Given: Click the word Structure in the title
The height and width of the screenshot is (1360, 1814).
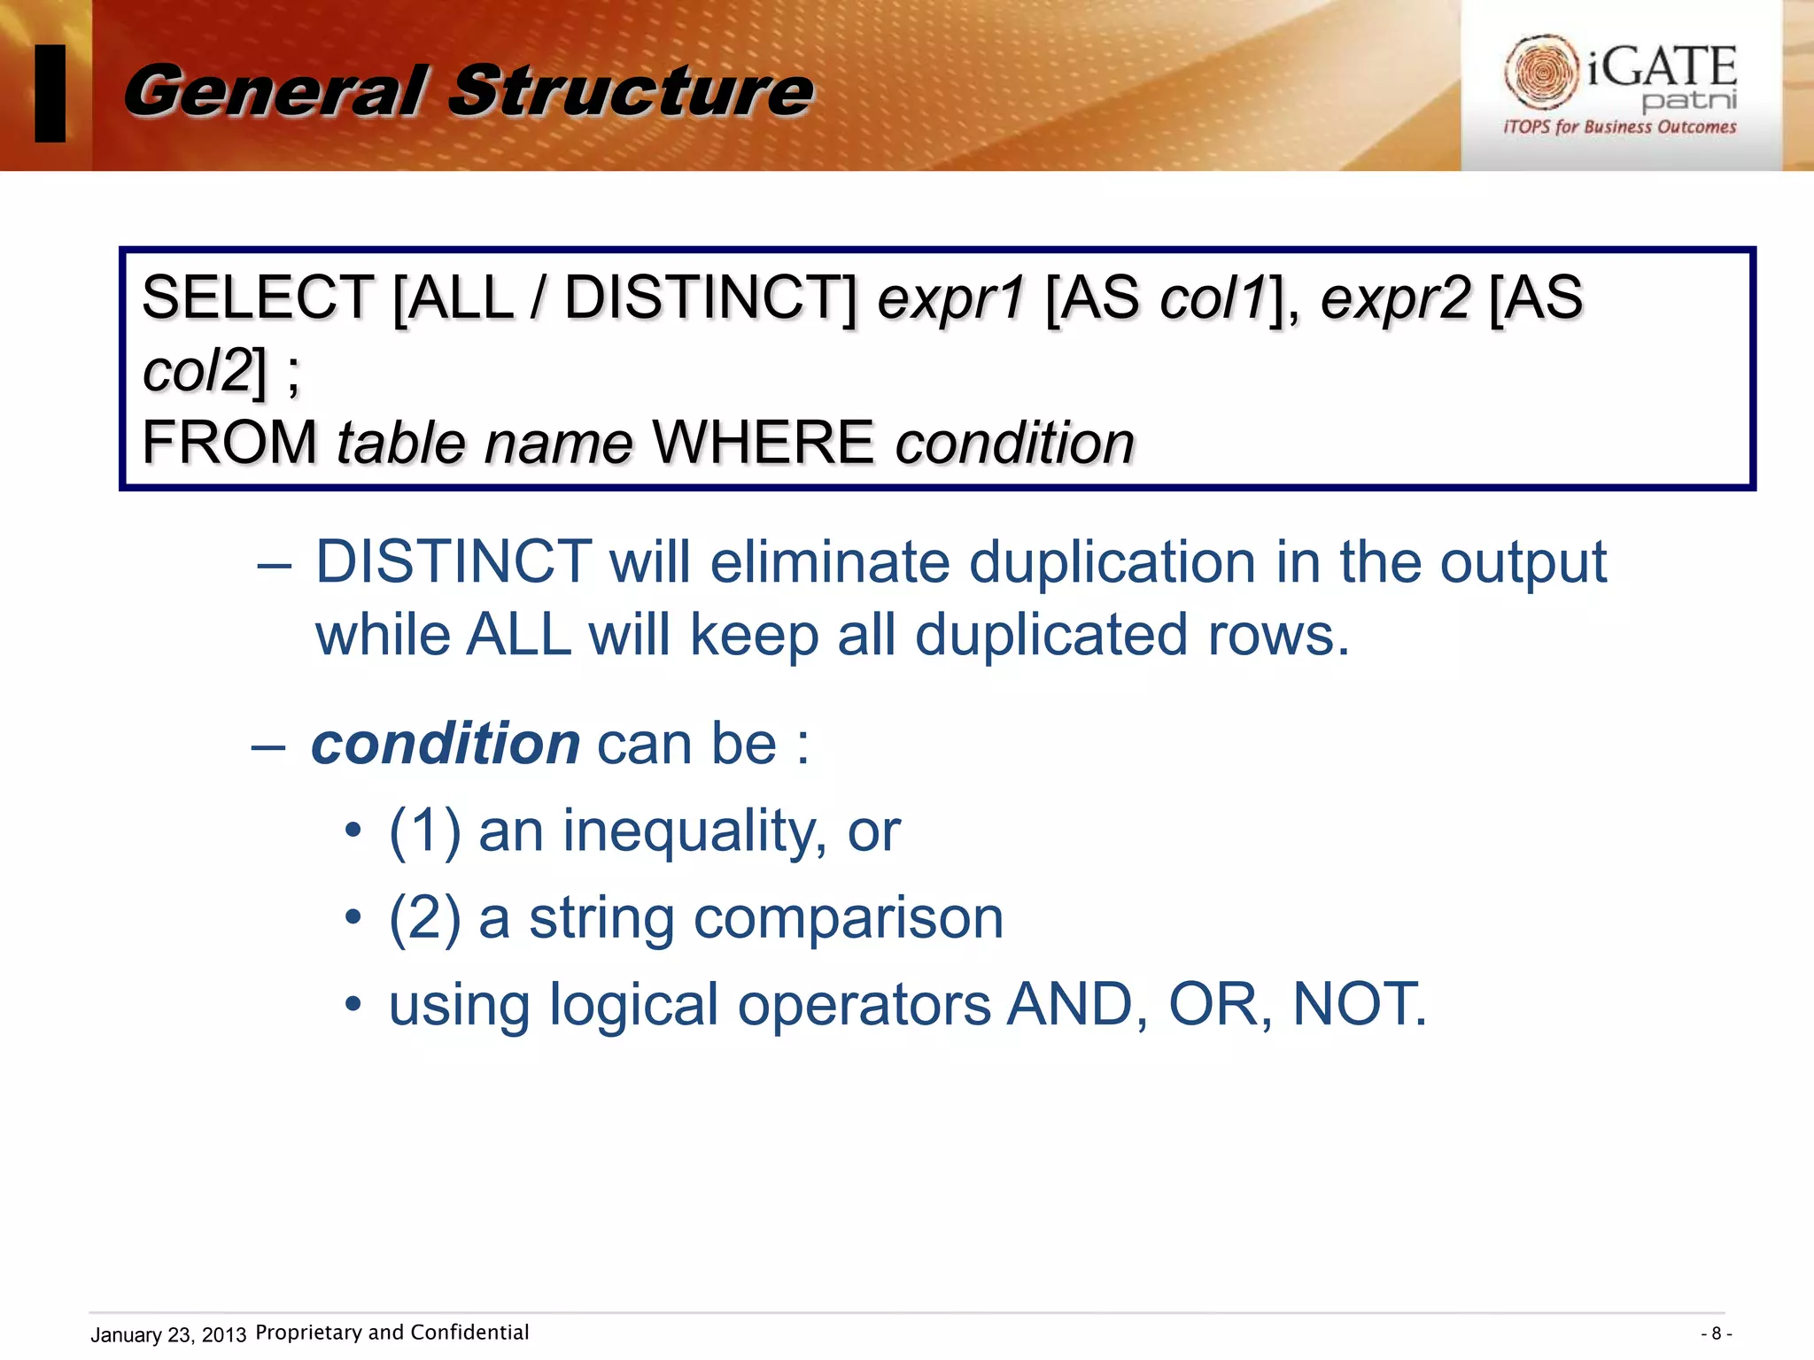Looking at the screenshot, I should click(631, 91).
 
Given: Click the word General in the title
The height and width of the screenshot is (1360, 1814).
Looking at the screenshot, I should click(275, 91).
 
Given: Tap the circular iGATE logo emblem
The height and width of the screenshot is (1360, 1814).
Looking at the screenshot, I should click(1540, 72).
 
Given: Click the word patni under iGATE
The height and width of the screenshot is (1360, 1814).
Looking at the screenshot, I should click(1688, 100).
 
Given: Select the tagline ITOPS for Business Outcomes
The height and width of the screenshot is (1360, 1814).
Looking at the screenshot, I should click(1619, 127).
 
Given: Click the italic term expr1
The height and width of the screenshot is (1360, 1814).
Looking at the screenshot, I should click(950, 299).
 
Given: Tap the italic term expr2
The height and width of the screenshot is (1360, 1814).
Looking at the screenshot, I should click(1395, 299).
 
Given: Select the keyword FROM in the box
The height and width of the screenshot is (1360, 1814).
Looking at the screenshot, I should click(229, 443).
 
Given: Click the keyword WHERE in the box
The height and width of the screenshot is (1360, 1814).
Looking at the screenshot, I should click(763, 443).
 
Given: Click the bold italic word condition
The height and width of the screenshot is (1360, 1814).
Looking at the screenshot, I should click(446, 744).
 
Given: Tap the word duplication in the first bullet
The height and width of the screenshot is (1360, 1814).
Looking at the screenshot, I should click(1112, 563).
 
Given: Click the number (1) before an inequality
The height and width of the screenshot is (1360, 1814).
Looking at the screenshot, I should click(425, 831).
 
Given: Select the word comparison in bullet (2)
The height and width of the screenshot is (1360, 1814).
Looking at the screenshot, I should click(848, 918).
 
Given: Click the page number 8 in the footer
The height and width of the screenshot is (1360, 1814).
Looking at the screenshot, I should click(1716, 1333).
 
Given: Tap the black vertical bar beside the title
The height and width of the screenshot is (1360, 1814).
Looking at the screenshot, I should click(50, 93).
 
